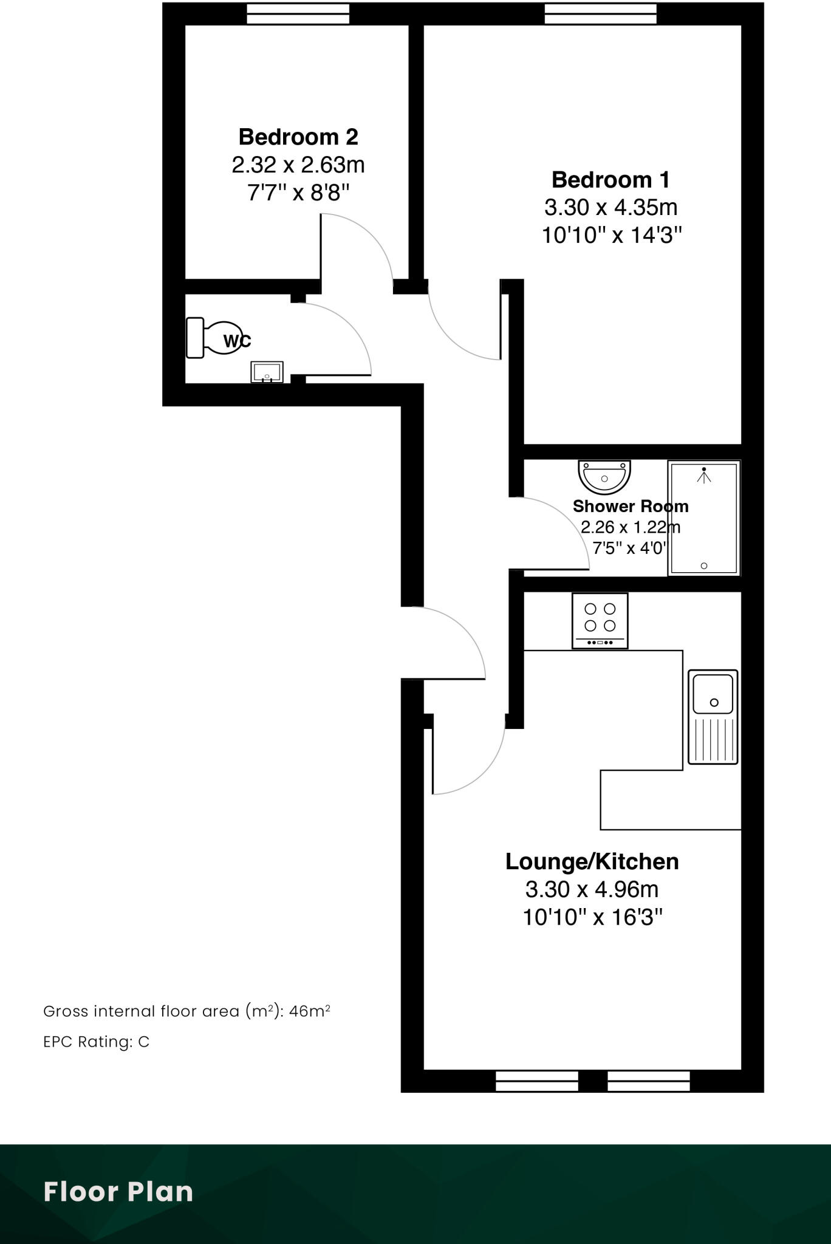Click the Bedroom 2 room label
pyautogui.click(x=298, y=137)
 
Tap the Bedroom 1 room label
pyautogui.click(x=610, y=180)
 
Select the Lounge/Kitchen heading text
pyautogui.click(x=592, y=861)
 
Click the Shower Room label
pyautogui.click(x=631, y=506)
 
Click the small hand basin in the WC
pyautogui.click(x=267, y=372)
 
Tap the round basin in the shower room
pyautogui.click(x=604, y=476)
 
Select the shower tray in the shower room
pyautogui.click(x=704, y=518)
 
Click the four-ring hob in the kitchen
pyautogui.click(x=600, y=620)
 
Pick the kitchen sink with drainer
pyautogui.click(x=713, y=717)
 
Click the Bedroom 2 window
pyautogui.click(x=298, y=13)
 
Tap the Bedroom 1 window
pyautogui.click(x=600, y=13)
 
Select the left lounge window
pyautogui.click(x=537, y=1081)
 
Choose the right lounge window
pyautogui.click(x=649, y=1081)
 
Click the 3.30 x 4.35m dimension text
pyautogui.click(x=610, y=208)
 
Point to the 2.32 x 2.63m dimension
pyautogui.click(x=298, y=165)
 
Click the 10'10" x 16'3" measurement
pyautogui.click(x=592, y=917)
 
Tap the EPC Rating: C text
pyautogui.click(x=96, y=1042)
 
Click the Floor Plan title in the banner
pyautogui.click(x=118, y=1192)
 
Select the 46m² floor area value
pyautogui.click(x=309, y=1011)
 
